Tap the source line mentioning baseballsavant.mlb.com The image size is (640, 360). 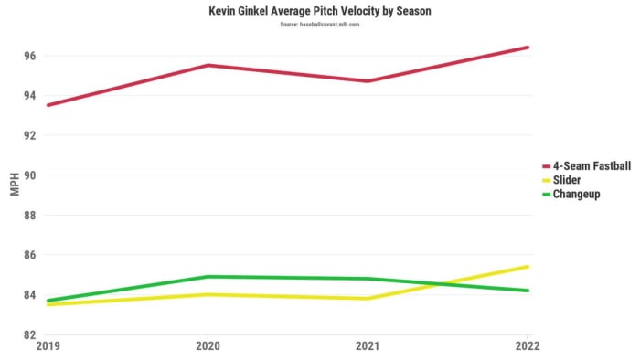pos(319,24)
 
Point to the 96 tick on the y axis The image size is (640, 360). pos(29,56)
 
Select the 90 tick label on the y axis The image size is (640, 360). pos(29,175)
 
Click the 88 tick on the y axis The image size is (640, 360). pos(29,216)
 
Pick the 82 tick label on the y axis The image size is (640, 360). pos(29,334)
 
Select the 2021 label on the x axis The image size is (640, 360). pos(367,346)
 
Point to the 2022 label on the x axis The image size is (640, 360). pos(527,346)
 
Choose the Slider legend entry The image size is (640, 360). pos(571,180)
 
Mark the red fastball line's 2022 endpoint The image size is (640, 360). pos(528,48)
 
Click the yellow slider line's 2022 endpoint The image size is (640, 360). pos(528,267)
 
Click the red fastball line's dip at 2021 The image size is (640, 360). pos(368,81)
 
